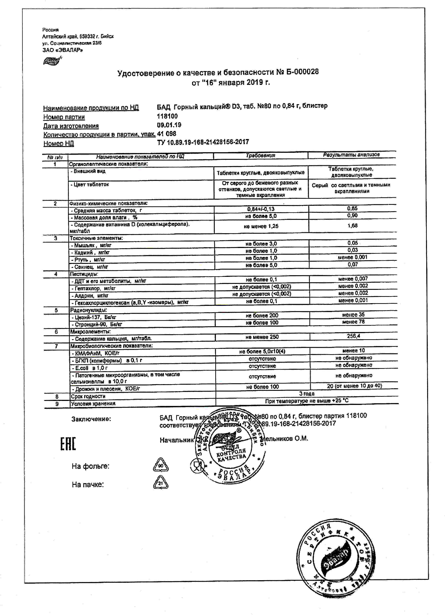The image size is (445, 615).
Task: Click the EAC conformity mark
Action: [x=68, y=444]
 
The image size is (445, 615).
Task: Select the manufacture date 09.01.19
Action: [x=169, y=125]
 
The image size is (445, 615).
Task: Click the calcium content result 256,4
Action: [x=353, y=336]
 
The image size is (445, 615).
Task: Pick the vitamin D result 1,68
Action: [x=352, y=226]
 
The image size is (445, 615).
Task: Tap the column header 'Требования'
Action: [x=260, y=155]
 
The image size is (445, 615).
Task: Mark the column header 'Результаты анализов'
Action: [x=351, y=155]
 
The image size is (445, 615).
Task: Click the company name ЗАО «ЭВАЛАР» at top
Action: [x=63, y=50]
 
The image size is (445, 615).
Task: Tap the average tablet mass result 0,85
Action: [x=352, y=208]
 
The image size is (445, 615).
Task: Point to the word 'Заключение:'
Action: [x=91, y=419]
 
